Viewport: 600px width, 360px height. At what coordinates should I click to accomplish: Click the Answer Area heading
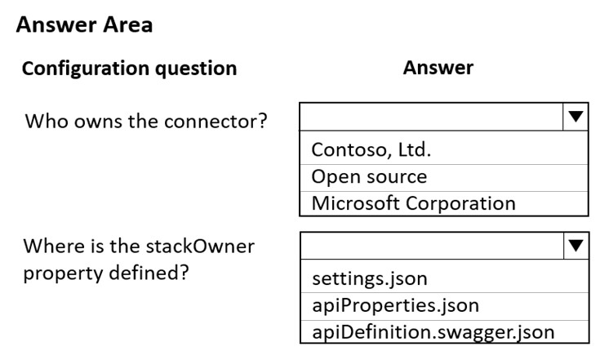[x=85, y=24]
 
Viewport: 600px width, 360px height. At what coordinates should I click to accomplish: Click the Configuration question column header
[x=129, y=69]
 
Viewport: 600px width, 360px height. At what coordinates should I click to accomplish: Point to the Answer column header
[x=438, y=68]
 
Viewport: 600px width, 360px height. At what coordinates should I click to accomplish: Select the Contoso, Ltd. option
[x=371, y=149]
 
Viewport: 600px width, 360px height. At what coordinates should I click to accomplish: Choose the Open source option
[x=369, y=177]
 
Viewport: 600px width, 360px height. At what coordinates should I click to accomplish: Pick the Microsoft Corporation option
[x=413, y=203]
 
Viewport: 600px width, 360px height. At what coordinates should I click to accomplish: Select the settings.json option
[x=370, y=278]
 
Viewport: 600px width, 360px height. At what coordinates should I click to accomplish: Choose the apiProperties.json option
[x=396, y=305]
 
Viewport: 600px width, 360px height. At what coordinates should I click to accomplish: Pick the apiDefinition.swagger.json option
[x=433, y=332]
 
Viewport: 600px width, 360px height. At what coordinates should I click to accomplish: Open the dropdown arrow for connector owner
[x=576, y=116]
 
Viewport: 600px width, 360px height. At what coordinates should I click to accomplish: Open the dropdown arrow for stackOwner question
[x=576, y=245]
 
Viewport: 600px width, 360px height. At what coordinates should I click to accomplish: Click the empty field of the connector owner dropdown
[x=432, y=117]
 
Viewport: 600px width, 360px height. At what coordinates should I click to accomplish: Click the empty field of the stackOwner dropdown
[x=433, y=246]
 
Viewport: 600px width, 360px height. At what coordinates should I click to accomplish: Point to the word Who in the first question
[x=47, y=122]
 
